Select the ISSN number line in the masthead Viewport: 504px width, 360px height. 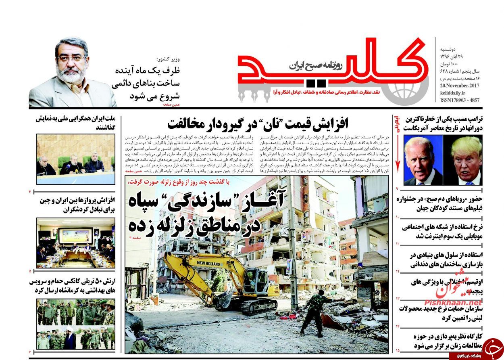click(460, 100)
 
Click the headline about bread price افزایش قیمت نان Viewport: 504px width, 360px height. click(258, 123)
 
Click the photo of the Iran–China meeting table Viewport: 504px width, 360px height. click(76, 242)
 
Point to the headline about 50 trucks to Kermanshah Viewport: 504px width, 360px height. click(73, 286)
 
